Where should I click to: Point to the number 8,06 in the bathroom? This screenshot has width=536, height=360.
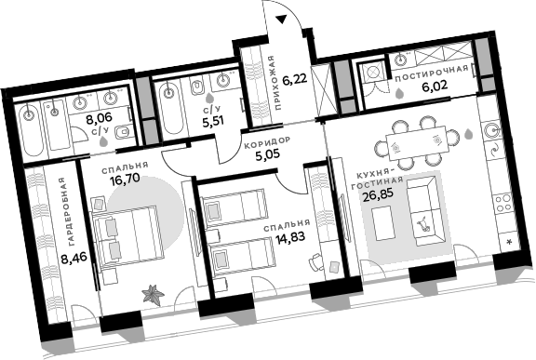click(x=99, y=118)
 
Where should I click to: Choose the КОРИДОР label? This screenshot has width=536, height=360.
click(x=266, y=142)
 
